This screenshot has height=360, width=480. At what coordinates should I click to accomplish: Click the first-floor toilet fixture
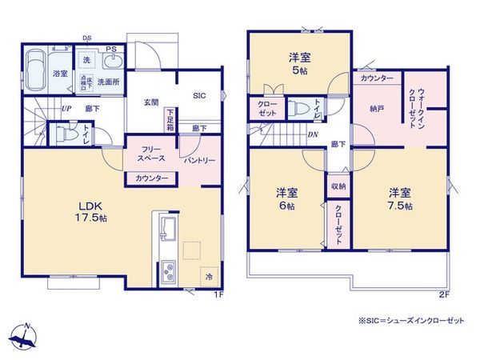[x=61, y=134]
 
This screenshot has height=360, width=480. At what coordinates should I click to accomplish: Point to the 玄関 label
[x=151, y=102]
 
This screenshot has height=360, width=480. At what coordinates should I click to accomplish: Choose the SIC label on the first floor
[x=198, y=95]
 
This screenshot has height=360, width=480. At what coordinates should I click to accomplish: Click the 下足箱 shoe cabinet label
[x=170, y=121]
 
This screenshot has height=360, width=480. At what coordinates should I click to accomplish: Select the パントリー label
[x=199, y=160]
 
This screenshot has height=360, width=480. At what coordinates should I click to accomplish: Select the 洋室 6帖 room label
[x=287, y=199]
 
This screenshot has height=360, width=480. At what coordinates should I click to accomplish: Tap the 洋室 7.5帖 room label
[x=400, y=199]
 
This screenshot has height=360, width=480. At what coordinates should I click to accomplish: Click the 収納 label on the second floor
[x=338, y=187]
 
